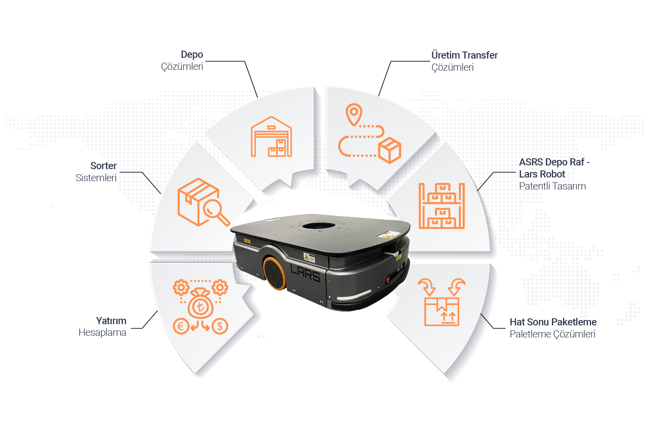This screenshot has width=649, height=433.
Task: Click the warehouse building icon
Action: pyautogui.click(x=271, y=137)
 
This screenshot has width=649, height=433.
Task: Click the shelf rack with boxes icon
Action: pyautogui.click(x=441, y=206)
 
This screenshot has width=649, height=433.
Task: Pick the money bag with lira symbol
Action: pyautogui.click(x=201, y=305)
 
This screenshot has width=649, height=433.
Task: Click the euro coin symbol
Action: pyautogui.click(x=181, y=326)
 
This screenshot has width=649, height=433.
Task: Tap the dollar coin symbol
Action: pyautogui.click(x=220, y=326)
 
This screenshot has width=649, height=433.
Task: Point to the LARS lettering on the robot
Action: pyautogui.click(x=305, y=273)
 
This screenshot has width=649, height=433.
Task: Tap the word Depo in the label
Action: pyautogui.click(x=192, y=54)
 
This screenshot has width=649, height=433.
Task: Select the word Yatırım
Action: pyautogui.click(x=111, y=321)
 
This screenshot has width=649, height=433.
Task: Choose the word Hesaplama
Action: pyautogui.click(x=102, y=333)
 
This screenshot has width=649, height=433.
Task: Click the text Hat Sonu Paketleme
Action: pyautogui.click(x=553, y=322)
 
